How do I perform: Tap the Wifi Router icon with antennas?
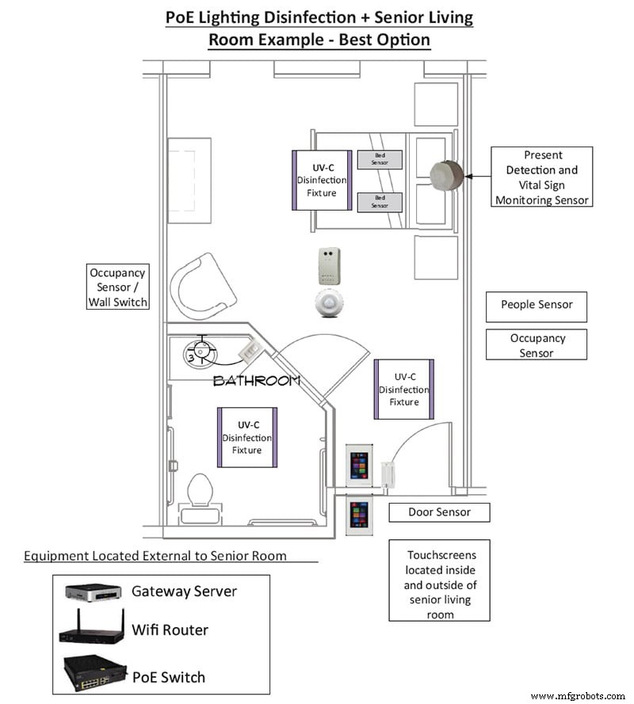click(91, 631)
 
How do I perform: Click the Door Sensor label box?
click(439, 512)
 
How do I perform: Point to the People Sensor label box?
click(537, 305)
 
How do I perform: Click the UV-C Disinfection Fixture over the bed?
click(321, 180)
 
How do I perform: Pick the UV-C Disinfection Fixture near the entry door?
click(403, 390)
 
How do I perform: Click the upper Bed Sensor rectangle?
click(380, 159)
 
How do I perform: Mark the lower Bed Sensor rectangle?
click(380, 202)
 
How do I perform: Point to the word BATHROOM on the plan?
click(257, 381)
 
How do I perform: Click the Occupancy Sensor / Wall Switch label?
click(118, 287)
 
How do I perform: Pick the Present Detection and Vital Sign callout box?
click(541, 177)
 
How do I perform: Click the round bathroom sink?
click(201, 352)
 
